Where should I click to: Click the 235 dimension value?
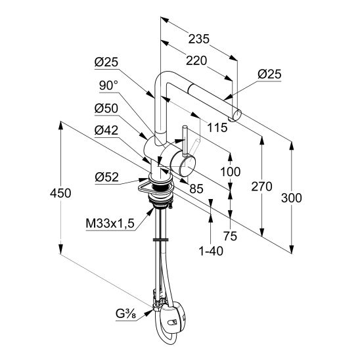pos(199,39)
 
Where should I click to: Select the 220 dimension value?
pos(196,61)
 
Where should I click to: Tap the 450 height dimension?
pos(60,193)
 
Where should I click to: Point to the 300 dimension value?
pos(292,198)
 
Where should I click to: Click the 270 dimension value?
pos(261,187)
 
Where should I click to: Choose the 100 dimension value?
pos(231,171)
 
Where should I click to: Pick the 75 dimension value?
pos(230,236)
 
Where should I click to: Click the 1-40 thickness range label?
pos(211,251)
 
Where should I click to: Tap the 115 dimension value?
pos(217,127)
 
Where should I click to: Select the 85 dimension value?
pos(196,189)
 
